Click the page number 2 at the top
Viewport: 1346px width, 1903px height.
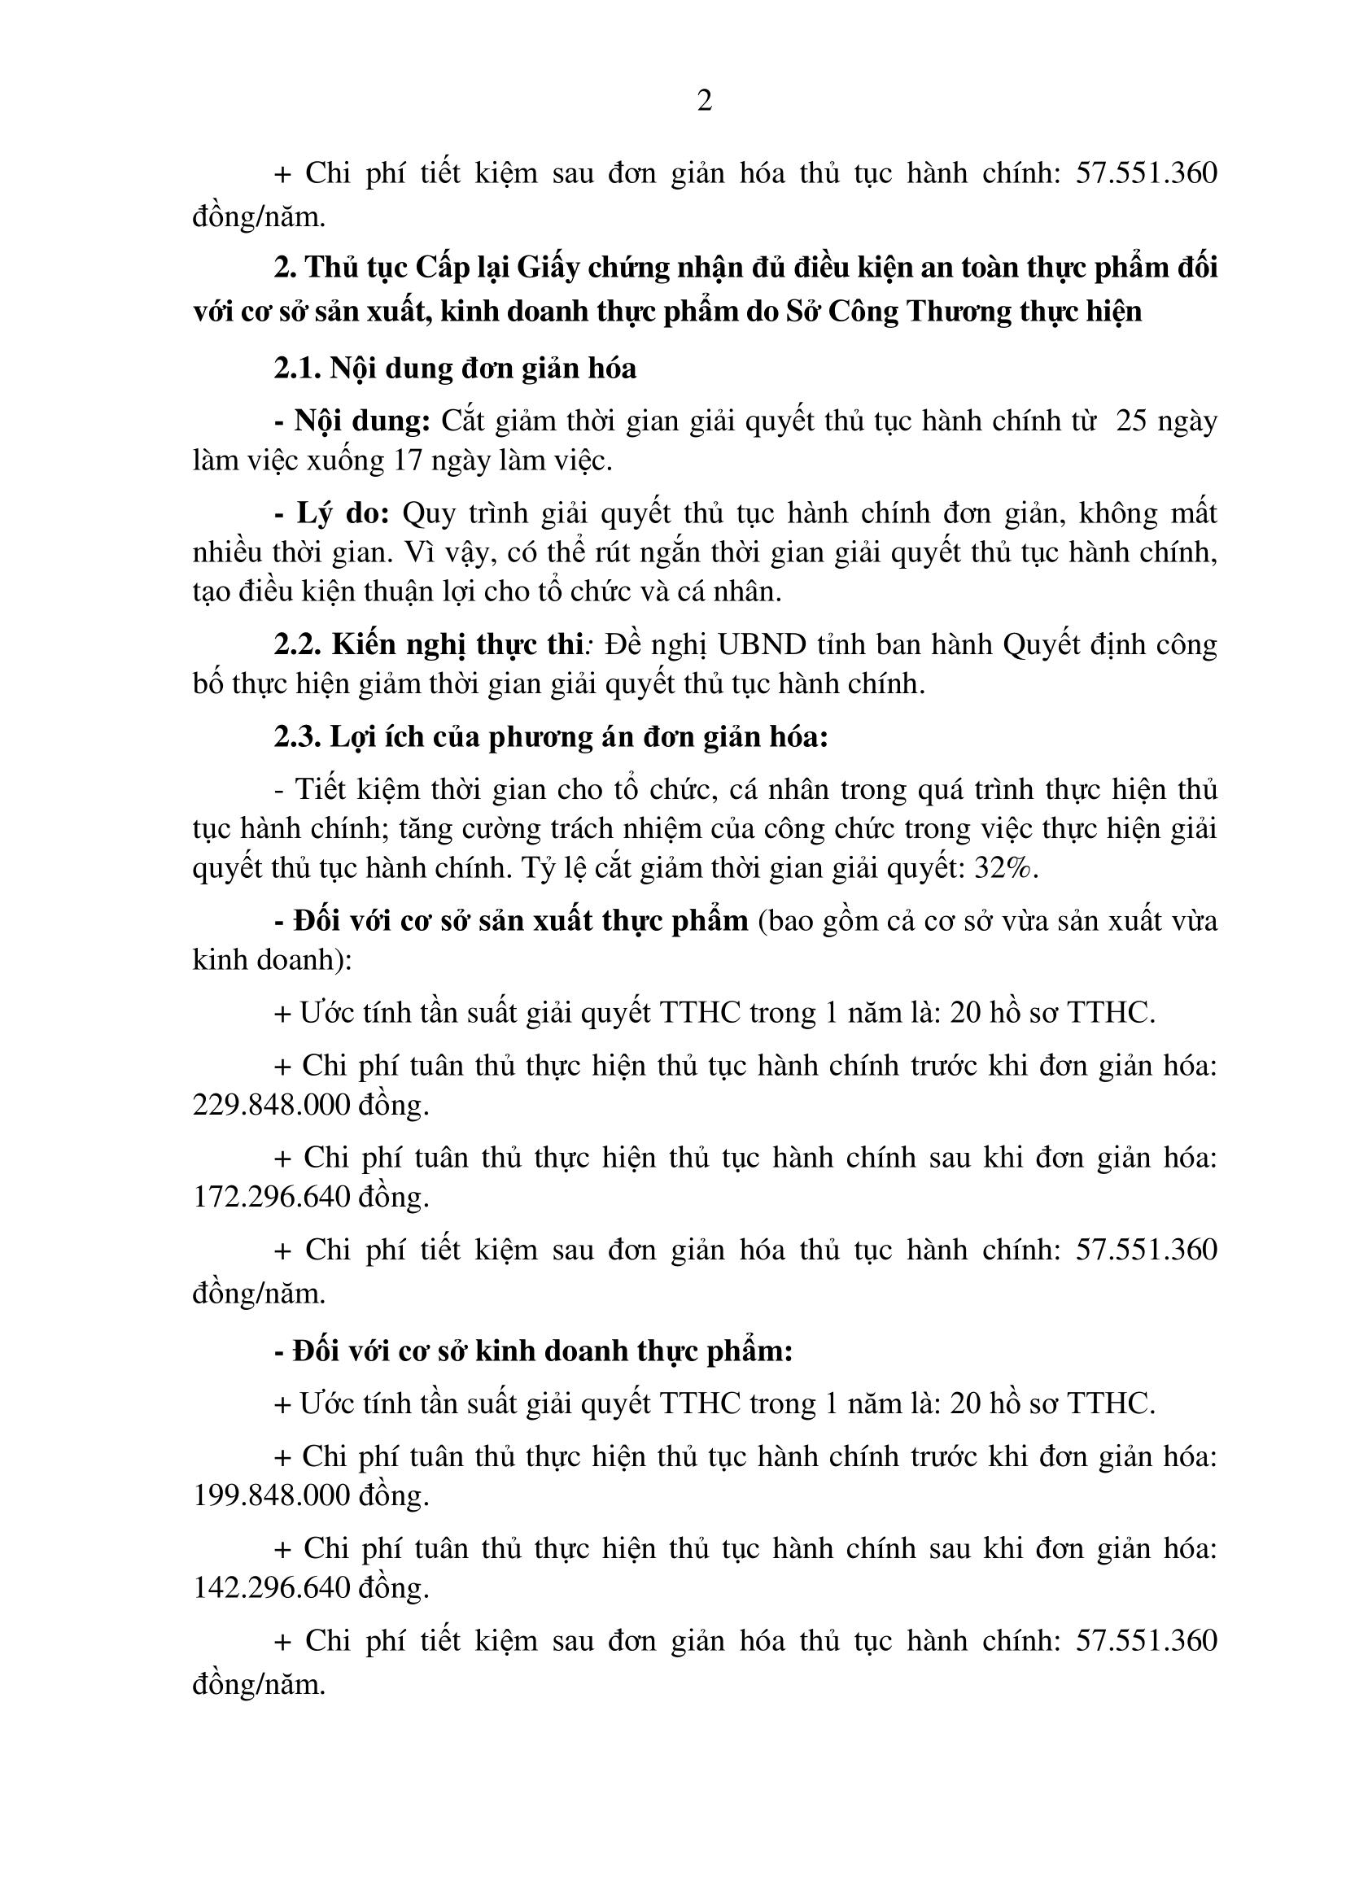pyautogui.click(x=704, y=102)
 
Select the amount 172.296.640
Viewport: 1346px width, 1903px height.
pyautogui.click(x=270, y=1197)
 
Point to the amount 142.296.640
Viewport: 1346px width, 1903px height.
pyautogui.click(x=270, y=1587)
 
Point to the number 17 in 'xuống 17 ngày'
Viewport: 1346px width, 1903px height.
pyautogui.click(x=409, y=460)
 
